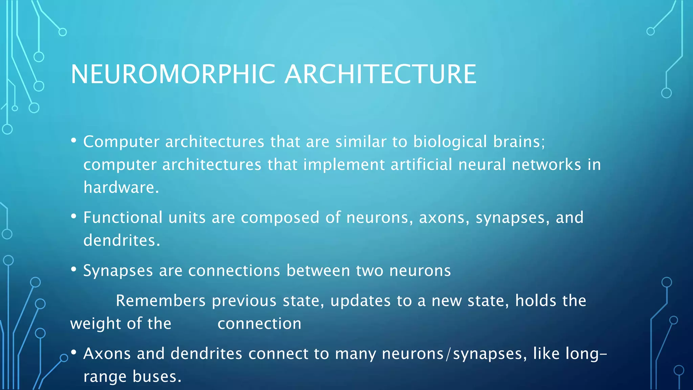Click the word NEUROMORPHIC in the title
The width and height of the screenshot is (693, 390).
pyautogui.click(x=173, y=74)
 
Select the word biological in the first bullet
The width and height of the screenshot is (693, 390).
pyautogui.click(x=450, y=142)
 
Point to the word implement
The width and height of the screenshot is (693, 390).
pyautogui.click(x=344, y=165)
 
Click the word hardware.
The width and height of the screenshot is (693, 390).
pyautogui.click(x=121, y=188)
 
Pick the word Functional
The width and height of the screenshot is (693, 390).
pyautogui.click(x=123, y=217)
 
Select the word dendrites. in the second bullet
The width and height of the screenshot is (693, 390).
pyautogui.click(x=121, y=240)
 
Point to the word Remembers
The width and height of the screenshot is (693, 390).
pyautogui.click(x=161, y=301)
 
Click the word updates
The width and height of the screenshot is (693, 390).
pyautogui.click(x=360, y=301)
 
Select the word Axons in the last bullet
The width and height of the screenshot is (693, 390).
pyautogui.click(x=107, y=354)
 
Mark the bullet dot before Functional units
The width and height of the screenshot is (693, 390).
pyautogui.click(x=74, y=217)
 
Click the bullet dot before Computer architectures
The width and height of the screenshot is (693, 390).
pyautogui.click(x=74, y=140)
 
